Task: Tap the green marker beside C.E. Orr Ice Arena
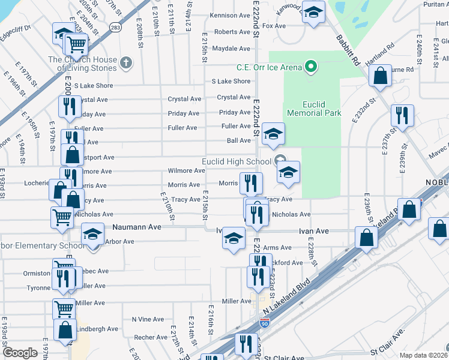click(x=310, y=66)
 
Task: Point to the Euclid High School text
click(x=236, y=161)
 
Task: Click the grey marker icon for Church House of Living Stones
click(x=126, y=62)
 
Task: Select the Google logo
click(x=20, y=353)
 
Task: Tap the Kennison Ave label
click(x=231, y=15)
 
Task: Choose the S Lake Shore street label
click(x=231, y=81)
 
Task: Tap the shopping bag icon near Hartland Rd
click(x=380, y=76)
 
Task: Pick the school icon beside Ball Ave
click(x=273, y=133)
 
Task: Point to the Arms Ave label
click(x=277, y=247)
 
